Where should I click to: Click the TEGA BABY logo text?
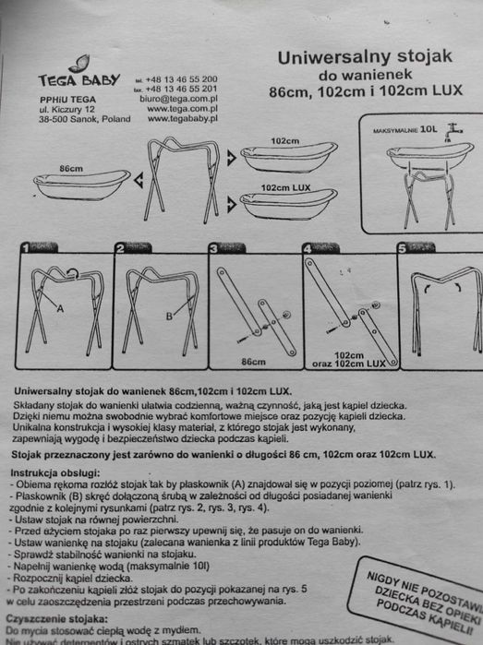[79, 80]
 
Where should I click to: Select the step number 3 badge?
[213, 248]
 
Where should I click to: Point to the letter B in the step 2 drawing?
[169, 316]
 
